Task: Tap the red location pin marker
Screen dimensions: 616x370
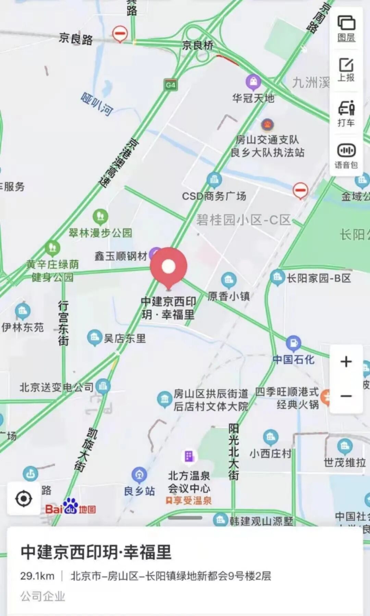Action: tap(169, 267)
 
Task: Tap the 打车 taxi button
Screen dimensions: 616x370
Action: tap(346, 113)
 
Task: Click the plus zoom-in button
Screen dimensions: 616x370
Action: tap(346, 362)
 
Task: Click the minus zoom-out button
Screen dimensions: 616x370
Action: tap(346, 396)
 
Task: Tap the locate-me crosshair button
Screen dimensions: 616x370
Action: tap(24, 499)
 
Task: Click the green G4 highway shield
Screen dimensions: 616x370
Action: tap(171, 85)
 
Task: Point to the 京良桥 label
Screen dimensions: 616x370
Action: tap(198, 45)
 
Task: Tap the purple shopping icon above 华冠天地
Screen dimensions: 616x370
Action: tap(253, 82)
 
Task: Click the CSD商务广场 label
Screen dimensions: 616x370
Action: tap(214, 196)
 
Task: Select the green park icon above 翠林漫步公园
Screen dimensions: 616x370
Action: tap(100, 216)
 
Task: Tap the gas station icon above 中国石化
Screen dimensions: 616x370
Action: tap(293, 343)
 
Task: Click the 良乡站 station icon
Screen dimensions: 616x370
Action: tap(139, 475)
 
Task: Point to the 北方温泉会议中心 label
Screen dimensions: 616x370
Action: tap(189, 482)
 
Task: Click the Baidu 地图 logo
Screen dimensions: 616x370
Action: tap(71, 507)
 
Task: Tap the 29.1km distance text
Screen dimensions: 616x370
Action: tap(37, 576)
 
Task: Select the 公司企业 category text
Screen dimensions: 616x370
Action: tap(42, 596)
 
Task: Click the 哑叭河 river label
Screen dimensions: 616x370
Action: tap(97, 104)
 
